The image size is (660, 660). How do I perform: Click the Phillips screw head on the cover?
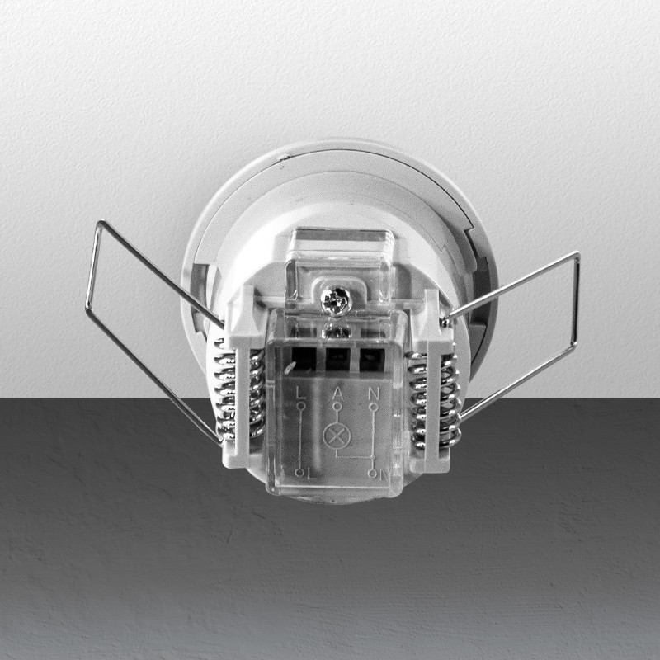336,300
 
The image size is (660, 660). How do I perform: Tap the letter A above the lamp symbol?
337,394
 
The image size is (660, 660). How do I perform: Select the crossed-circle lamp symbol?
337,437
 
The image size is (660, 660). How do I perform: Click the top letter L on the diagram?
299,393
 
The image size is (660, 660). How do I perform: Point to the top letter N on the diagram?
374,394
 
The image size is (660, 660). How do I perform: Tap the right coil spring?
434,400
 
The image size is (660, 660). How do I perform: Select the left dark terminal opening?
304,359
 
